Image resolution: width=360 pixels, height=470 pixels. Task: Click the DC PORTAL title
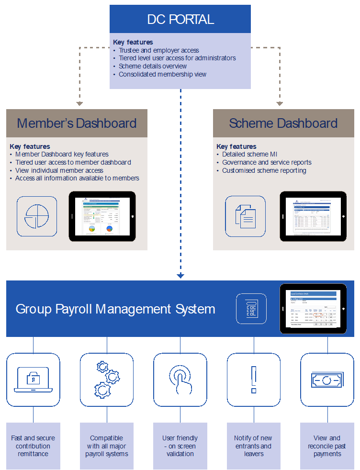[180, 20]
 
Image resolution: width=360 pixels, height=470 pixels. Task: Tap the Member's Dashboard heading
[77, 123]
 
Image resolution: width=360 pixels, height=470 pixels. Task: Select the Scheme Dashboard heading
[283, 123]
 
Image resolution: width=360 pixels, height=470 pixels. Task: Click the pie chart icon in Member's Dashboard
[37, 216]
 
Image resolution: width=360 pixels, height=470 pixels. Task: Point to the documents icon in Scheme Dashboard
[245, 216]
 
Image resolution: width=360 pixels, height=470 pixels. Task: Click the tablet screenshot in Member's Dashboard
[102, 216]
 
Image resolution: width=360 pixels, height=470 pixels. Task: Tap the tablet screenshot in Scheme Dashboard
[313, 216]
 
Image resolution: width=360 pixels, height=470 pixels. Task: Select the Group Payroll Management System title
[115, 309]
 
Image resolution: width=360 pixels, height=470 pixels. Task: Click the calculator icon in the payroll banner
[251, 309]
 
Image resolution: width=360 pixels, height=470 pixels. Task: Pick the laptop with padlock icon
[33, 380]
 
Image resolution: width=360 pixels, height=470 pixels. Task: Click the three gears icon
[106, 380]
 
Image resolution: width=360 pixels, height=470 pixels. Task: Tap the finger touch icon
[180, 380]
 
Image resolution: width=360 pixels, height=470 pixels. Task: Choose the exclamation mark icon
[254, 380]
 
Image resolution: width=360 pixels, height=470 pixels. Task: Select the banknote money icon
[327, 380]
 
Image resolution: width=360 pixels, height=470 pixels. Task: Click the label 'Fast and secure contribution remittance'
[33, 446]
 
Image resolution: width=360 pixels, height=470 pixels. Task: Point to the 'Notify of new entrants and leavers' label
[253, 446]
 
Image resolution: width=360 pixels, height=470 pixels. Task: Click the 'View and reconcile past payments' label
[327, 446]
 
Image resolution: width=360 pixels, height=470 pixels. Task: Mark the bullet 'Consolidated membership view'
[162, 74]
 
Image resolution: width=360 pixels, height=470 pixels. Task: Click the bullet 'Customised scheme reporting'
[264, 170]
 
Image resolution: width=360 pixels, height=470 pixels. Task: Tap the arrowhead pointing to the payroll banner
[180, 276]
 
